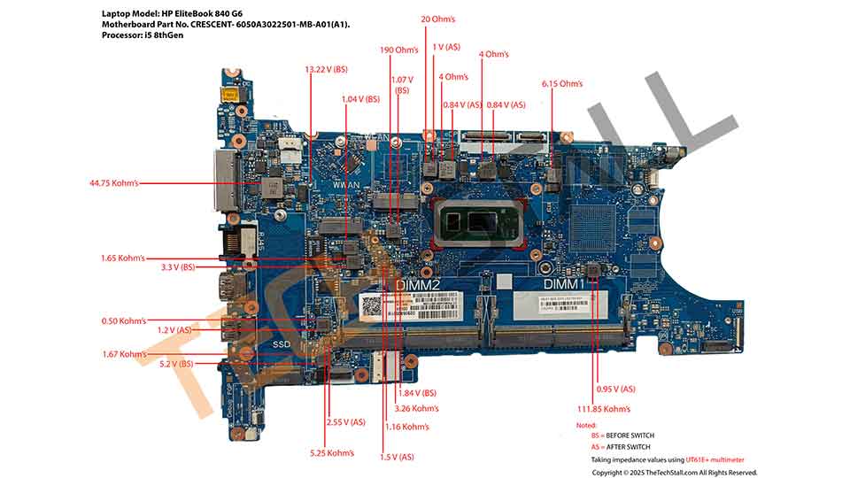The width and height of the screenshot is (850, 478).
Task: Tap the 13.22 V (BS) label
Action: (326, 68)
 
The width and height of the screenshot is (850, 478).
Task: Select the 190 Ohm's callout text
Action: (398, 50)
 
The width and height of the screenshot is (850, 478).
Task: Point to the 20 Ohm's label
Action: (438, 19)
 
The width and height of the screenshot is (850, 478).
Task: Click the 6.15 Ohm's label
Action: (562, 83)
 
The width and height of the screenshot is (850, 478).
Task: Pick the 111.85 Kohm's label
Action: (603, 409)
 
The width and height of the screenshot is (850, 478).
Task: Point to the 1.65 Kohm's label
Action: (123, 258)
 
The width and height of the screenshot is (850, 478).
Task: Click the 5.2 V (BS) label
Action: (175, 364)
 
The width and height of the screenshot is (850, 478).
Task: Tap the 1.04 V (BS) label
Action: (359, 99)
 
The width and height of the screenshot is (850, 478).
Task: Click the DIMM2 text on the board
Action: (417, 285)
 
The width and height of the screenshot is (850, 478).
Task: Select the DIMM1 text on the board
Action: (563, 284)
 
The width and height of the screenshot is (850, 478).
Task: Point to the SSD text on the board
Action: (281, 343)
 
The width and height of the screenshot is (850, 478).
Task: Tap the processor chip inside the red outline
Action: (474, 222)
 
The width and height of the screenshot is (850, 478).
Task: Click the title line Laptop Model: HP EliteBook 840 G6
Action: (172, 14)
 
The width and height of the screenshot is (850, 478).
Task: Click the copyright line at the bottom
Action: (674, 472)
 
